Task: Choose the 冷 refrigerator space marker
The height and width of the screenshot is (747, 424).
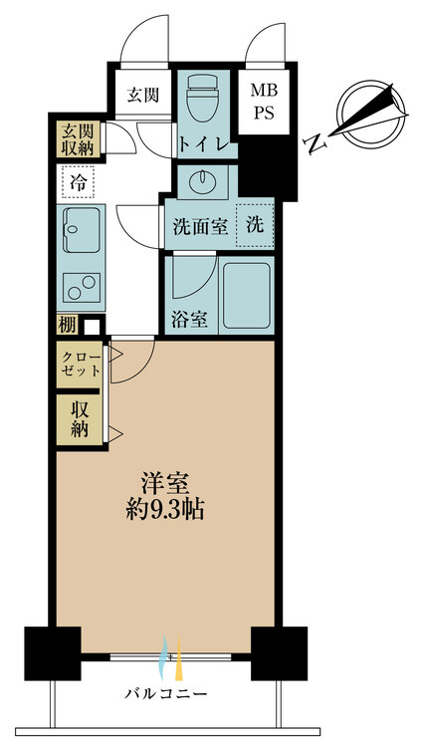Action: click(x=77, y=182)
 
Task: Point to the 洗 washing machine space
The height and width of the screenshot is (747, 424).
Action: click(x=256, y=225)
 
